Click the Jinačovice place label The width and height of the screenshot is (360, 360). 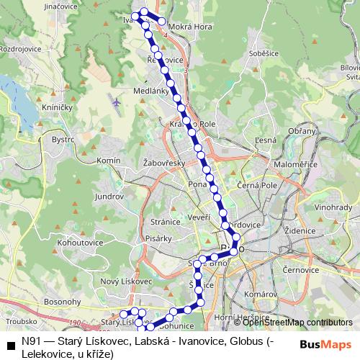(x=40, y=6)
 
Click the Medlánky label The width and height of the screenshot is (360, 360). (x=150, y=91)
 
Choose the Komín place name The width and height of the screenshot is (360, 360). (x=108, y=160)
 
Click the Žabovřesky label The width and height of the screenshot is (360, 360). (x=165, y=163)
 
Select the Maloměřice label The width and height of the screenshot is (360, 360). (x=295, y=165)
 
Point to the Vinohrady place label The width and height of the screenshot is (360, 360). (x=333, y=207)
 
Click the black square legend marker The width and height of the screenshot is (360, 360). (x=10, y=343)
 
